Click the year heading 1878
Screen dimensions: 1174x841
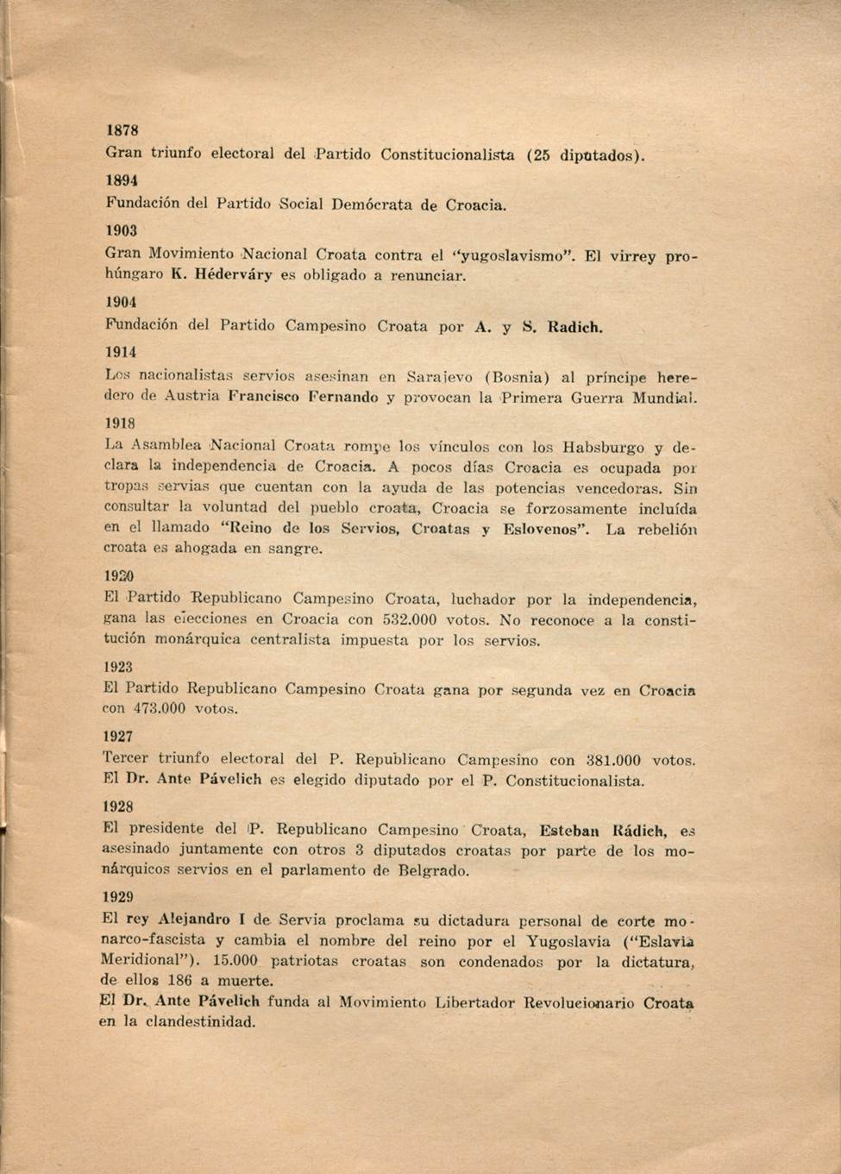[x=122, y=130]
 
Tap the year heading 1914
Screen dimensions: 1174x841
[x=122, y=352]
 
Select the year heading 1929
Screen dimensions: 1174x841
[x=118, y=897]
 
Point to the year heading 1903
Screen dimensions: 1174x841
[x=122, y=230]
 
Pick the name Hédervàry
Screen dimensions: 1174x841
[x=234, y=276]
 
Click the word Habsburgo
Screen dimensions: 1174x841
[x=604, y=448]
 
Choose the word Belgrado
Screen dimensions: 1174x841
[x=433, y=871]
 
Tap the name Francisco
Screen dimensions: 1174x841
[x=265, y=398]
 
